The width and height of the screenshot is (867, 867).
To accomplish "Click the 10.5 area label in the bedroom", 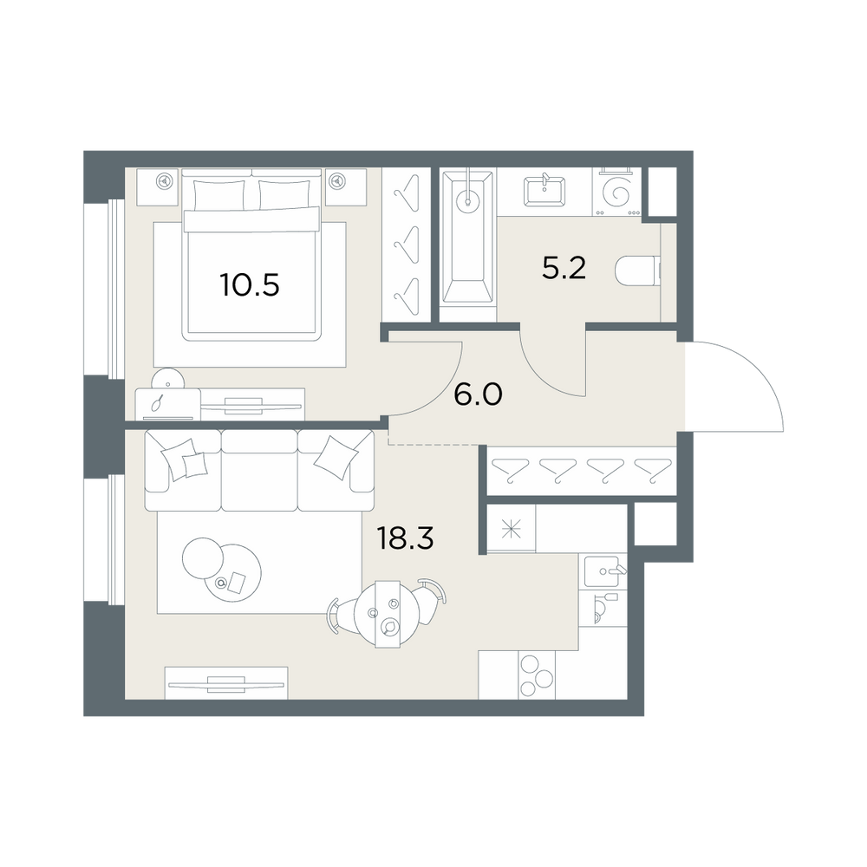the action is tap(250, 285).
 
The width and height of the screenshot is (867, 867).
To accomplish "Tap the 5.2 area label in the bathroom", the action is tap(564, 268).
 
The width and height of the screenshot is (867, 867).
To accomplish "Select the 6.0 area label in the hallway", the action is tap(478, 394).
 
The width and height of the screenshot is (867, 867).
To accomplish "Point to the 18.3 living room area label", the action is tap(405, 538).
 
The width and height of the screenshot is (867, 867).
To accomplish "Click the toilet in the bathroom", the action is tap(637, 271).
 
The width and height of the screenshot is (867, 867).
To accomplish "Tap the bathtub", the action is tap(467, 238).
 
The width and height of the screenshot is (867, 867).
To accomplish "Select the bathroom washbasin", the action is tap(544, 191).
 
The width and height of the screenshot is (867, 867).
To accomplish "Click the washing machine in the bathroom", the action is tap(616, 192).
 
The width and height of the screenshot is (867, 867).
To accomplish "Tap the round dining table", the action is tap(387, 614).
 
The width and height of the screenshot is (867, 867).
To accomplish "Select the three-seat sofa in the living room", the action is tap(259, 471).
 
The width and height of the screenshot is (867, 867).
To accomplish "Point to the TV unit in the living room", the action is tap(226, 683).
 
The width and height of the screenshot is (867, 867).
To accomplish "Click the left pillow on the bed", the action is tap(218, 194).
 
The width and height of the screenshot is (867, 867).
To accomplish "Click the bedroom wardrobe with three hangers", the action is tap(407, 245).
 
